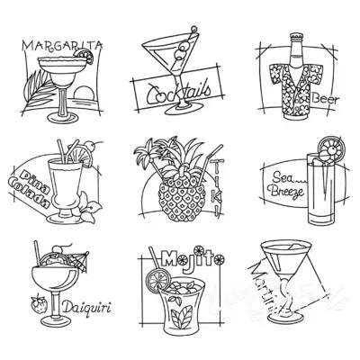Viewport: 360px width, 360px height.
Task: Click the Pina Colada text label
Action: tap(32, 184)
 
